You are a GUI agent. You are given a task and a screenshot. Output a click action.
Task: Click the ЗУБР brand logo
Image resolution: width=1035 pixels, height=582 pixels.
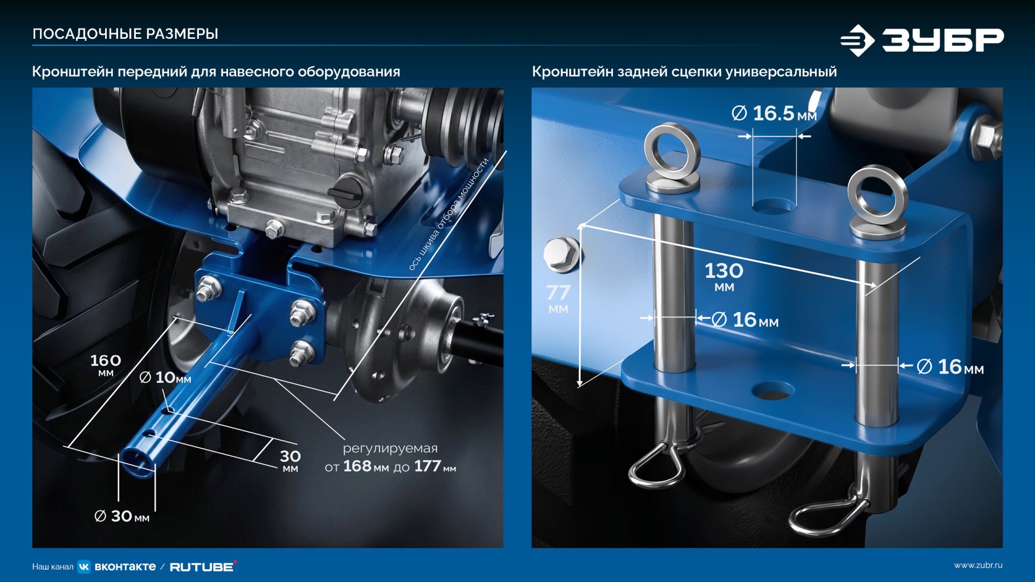922,40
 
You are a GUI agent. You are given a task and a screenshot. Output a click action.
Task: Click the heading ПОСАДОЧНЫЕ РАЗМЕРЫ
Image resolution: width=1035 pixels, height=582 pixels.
125,34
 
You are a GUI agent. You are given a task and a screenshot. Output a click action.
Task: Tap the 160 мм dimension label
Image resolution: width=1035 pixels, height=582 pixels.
106,364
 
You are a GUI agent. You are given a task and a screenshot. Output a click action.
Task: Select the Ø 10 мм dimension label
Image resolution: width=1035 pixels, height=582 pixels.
165,377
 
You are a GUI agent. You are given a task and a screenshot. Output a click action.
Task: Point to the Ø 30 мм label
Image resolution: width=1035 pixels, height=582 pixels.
122,516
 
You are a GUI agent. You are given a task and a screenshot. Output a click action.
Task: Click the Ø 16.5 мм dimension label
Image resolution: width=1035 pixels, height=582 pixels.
774,113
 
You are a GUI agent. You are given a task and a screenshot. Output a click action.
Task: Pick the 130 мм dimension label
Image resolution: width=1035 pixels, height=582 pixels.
724,276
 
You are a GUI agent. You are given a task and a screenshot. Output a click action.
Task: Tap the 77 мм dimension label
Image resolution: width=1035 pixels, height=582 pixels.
558,298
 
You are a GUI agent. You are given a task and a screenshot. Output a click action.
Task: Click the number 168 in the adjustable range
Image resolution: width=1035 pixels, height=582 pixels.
357,466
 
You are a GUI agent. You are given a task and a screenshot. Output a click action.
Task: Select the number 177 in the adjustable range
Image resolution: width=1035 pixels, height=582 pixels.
427,466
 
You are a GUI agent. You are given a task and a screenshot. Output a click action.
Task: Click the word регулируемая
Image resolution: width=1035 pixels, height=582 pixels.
390,448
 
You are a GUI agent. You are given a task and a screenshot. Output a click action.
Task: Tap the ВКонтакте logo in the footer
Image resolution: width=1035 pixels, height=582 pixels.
117,566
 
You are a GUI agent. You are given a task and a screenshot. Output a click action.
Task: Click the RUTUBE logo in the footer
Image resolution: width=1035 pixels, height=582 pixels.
203,566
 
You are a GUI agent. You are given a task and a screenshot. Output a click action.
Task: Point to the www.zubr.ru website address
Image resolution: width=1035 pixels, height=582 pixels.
978,565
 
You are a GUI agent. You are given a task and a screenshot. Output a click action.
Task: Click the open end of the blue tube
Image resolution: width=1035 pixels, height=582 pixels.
138,462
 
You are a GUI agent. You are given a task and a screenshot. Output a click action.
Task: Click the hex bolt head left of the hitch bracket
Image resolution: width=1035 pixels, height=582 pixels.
562,254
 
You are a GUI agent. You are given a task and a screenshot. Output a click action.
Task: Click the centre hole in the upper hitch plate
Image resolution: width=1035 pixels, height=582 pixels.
774,205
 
